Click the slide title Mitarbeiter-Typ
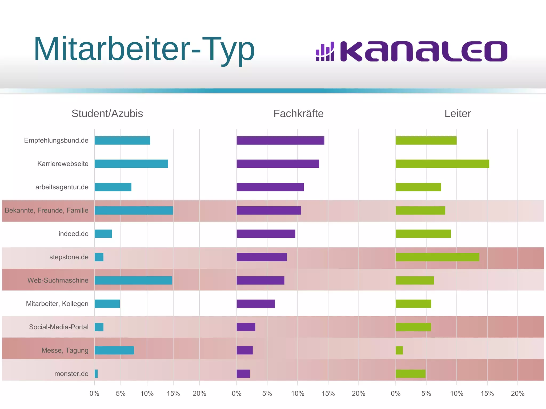coord(144,49)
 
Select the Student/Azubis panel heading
coord(107,114)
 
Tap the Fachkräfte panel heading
coord(298,114)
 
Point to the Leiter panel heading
coord(457,114)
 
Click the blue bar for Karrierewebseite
coord(131,164)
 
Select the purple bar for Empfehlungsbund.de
coord(280,140)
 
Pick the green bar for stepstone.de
coord(437,257)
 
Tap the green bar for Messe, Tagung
coord(399,350)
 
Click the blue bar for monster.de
coord(96,374)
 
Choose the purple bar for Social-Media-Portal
coord(246,327)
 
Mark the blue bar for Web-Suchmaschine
coord(133,280)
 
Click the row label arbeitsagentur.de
coord(62,187)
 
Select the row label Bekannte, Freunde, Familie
coord(46,210)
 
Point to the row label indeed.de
coord(73,234)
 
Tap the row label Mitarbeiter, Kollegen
coord(57,304)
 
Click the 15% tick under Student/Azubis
coord(173,394)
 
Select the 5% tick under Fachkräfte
coord(267,394)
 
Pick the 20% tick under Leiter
coord(517,394)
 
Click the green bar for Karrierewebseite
coord(442,164)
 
